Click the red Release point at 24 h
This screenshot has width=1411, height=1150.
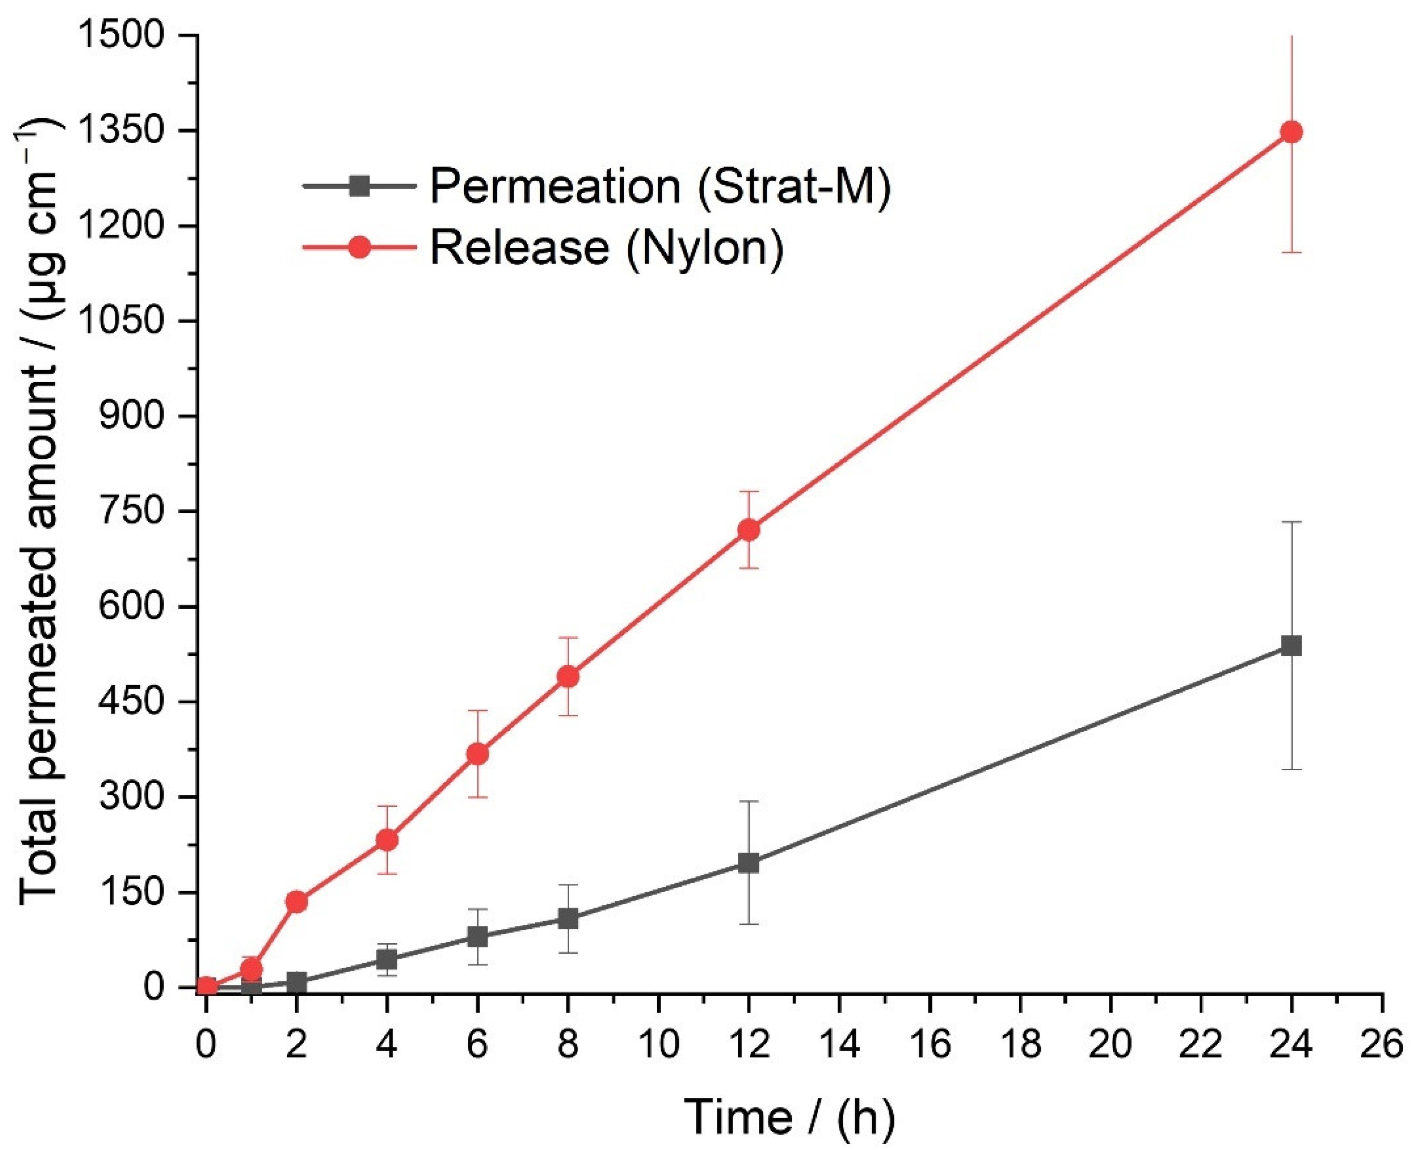1291,132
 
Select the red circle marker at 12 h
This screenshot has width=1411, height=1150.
748,529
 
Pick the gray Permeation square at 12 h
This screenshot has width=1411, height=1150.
748,863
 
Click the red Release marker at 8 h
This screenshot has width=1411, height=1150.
568,676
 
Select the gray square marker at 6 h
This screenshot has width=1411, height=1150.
477,936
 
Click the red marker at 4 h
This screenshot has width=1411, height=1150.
387,840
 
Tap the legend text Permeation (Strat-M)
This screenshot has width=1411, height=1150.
660,186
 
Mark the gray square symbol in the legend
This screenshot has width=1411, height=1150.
359,186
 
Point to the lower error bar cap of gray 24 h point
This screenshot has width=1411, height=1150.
1291,769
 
